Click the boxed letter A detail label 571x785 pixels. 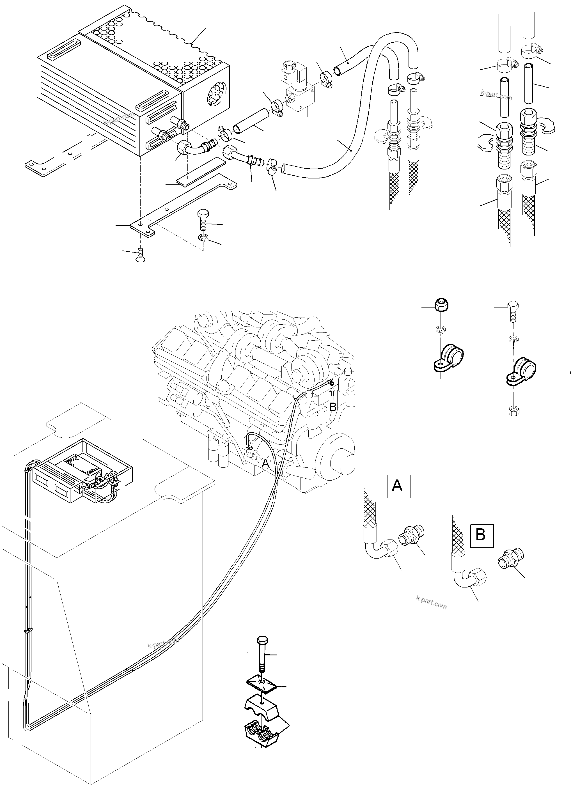(x=398, y=486)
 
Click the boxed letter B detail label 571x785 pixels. (x=481, y=535)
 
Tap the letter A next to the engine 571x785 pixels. (x=265, y=463)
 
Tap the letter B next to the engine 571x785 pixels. (x=332, y=407)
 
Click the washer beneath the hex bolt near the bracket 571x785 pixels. (x=203, y=237)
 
